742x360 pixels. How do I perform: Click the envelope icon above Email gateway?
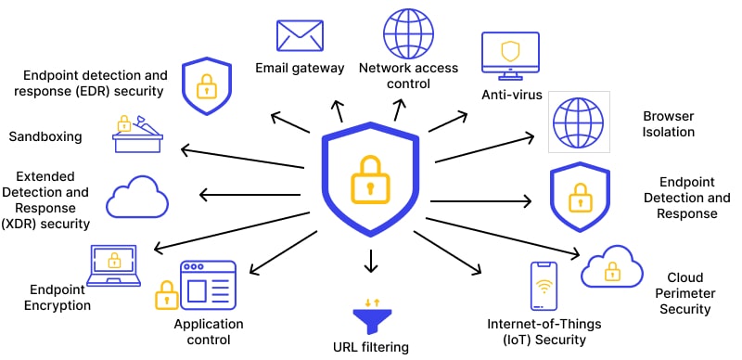pyautogui.click(x=300, y=35)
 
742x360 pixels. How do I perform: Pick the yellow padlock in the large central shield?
pyautogui.click(x=370, y=177)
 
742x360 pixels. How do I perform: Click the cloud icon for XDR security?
pyautogui.click(x=137, y=197)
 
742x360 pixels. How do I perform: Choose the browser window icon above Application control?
pyautogui.click(x=208, y=285)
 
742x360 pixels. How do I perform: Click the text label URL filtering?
pyautogui.click(x=371, y=347)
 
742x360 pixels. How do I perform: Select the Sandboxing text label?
pyautogui.click(x=45, y=137)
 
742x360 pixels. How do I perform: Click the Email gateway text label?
pyautogui.click(x=300, y=68)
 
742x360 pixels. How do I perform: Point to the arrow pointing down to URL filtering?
pyautogui.click(x=371, y=261)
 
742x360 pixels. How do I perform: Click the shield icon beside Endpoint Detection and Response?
pyautogui.click(x=578, y=198)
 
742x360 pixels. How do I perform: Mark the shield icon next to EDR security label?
pyautogui.click(x=205, y=86)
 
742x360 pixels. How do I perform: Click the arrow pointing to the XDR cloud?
pyautogui.click(x=250, y=195)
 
